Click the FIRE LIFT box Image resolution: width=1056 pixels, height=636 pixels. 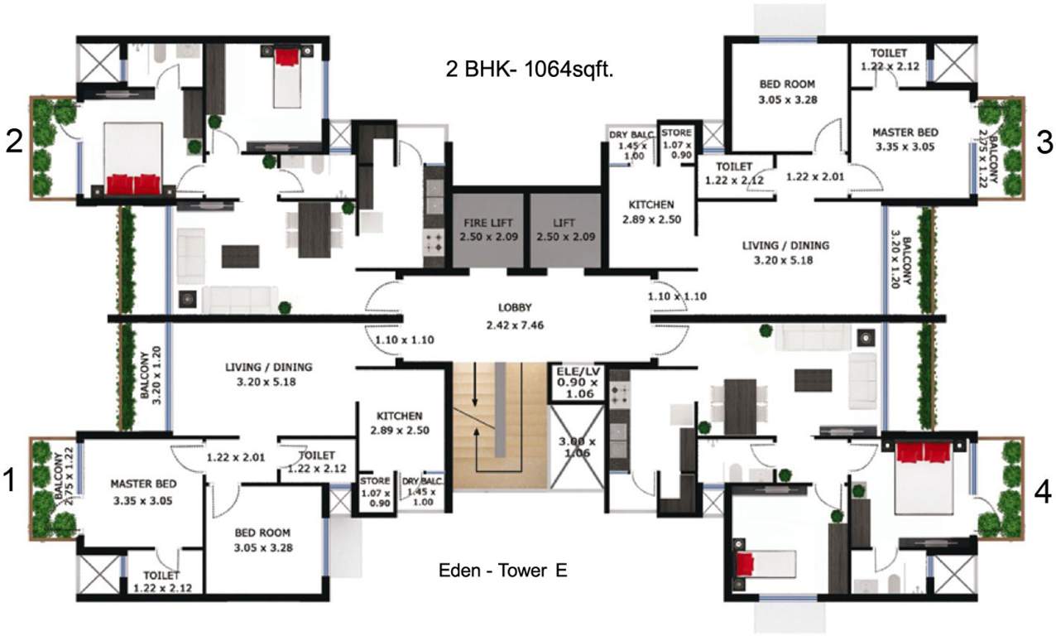pos(488,229)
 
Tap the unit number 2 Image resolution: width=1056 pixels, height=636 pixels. pos(12,142)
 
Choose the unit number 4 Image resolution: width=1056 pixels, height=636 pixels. pos(1044,494)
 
